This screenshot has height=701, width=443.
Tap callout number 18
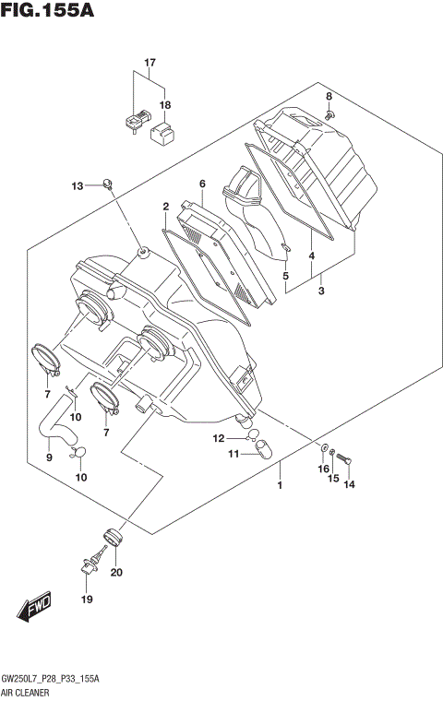[x=165, y=105]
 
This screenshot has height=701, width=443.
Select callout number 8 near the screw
[x=328, y=97]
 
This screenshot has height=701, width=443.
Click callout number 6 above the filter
[x=201, y=184]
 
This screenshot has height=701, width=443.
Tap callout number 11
[x=233, y=453]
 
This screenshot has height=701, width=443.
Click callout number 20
[x=115, y=573]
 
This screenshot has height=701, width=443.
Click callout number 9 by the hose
[x=49, y=456]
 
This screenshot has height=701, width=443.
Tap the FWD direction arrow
[x=35, y=608]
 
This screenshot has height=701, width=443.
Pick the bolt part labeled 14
[x=342, y=456]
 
